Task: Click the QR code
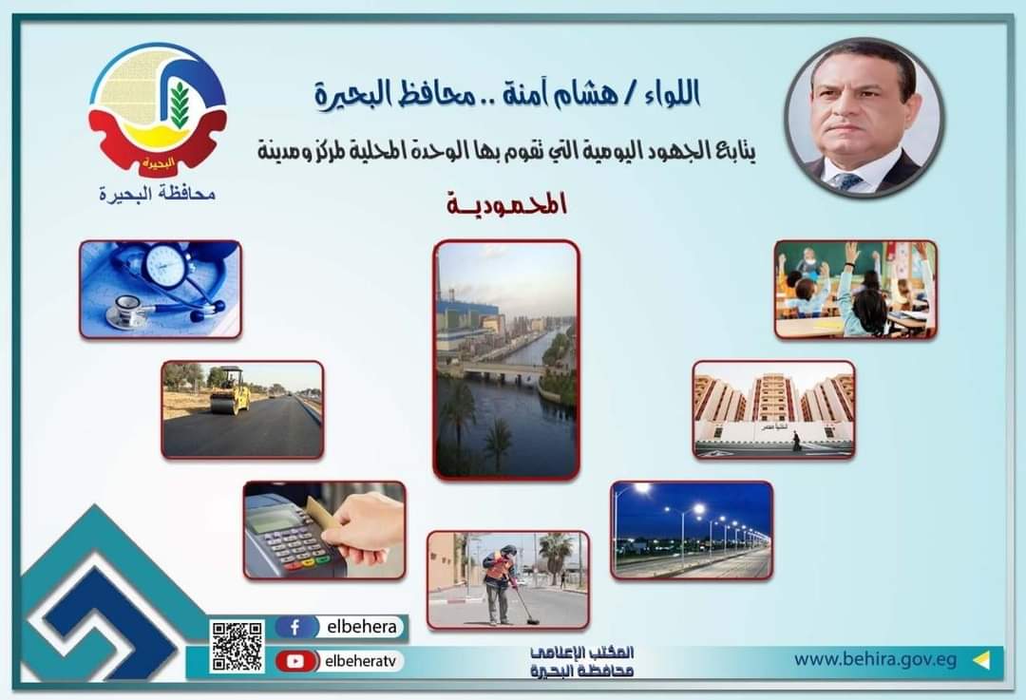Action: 237,646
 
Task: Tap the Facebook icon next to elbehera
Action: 295,628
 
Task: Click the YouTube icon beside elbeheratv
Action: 295,661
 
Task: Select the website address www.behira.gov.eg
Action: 876,659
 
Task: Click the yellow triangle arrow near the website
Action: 980,660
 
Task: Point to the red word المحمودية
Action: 506,205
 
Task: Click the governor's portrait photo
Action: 864,118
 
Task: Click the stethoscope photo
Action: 161,289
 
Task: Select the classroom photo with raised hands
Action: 855,289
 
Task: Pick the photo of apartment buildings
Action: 773,409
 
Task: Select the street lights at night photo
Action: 692,531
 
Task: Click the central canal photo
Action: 506,360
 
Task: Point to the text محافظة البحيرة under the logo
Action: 157,195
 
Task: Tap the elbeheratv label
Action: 361,661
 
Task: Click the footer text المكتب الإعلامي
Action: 581,653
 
